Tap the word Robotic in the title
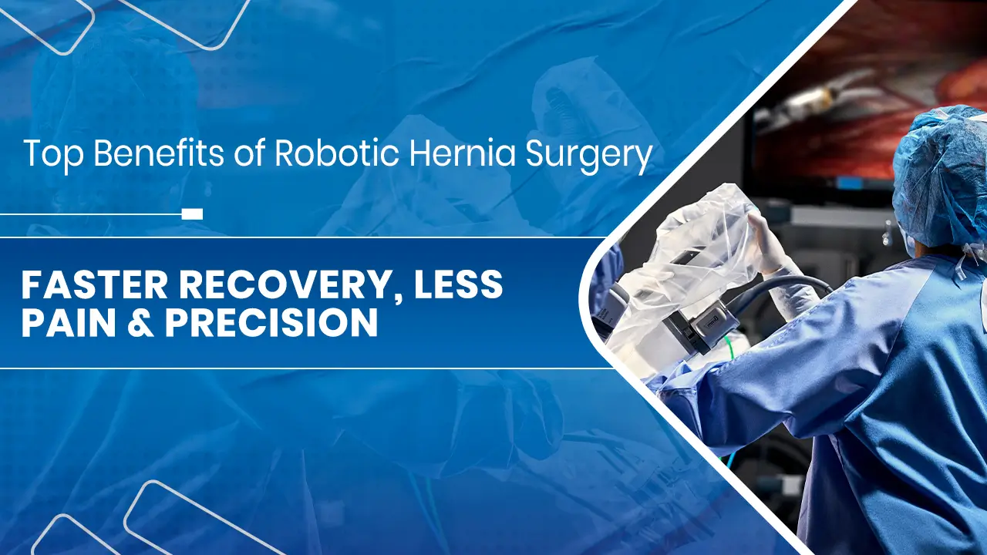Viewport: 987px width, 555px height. point(335,154)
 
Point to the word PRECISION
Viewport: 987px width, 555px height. point(271,325)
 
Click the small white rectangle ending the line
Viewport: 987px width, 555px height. point(192,214)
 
